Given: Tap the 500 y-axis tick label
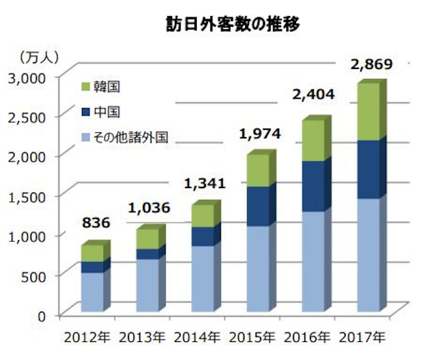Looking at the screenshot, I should [x=35, y=276].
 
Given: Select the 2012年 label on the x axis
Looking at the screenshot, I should [x=86, y=338].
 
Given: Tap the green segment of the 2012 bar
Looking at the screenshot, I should [x=92, y=253].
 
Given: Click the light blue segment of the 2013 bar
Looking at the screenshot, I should [x=146, y=286].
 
